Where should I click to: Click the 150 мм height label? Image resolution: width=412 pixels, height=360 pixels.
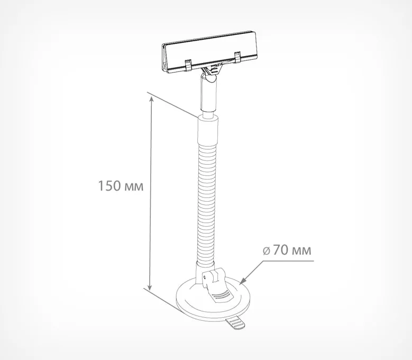[x=121, y=186]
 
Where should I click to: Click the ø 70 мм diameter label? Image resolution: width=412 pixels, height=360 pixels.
[x=287, y=250]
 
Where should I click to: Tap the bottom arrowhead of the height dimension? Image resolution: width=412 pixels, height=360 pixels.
[x=150, y=287]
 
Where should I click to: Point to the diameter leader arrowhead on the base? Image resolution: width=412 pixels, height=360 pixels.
[x=243, y=281]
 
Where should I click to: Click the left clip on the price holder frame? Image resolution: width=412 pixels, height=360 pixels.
[x=189, y=65]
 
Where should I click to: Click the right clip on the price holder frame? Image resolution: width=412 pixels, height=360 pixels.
[x=237, y=57]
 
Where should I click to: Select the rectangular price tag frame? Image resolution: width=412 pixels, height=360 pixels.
[x=209, y=52]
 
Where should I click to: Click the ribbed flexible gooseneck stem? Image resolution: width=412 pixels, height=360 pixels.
[x=207, y=202]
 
